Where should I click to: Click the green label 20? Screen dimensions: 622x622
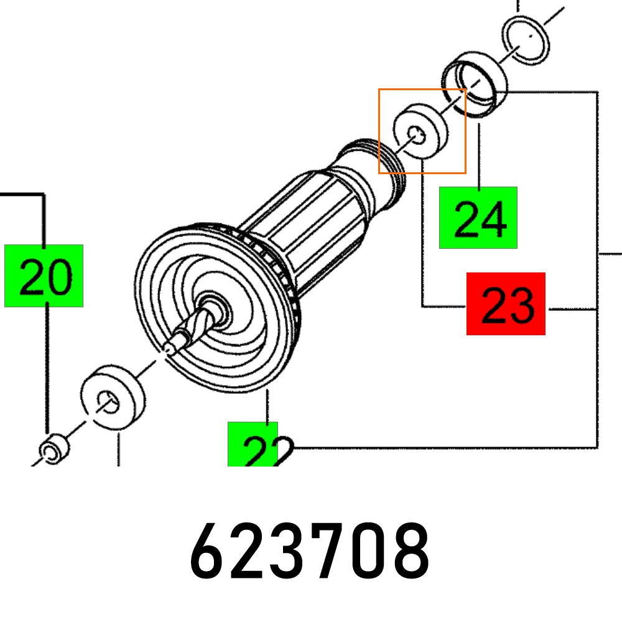click(44, 276)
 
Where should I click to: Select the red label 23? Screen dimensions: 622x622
click(506, 304)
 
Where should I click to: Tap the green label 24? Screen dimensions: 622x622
click(478, 218)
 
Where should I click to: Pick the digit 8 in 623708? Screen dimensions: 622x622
click(409, 551)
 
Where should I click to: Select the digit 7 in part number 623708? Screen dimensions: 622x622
click(328, 551)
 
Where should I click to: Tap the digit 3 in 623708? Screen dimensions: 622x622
click(289, 551)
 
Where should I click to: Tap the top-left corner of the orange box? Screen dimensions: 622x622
click(379, 89)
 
